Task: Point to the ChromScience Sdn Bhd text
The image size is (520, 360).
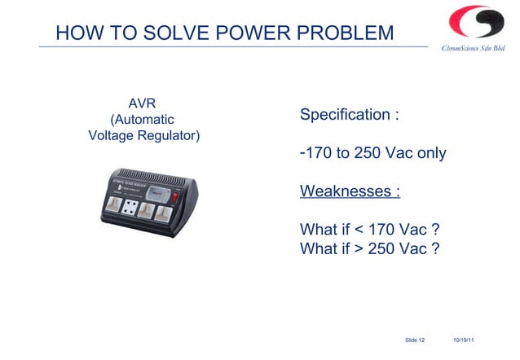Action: pyautogui.click(x=473, y=49)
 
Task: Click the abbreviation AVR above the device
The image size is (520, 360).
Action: pyautogui.click(x=143, y=103)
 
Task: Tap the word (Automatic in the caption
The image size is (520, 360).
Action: pyautogui.click(x=143, y=120)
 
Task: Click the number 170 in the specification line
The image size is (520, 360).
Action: pyautogui.click(x=320, y=153)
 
